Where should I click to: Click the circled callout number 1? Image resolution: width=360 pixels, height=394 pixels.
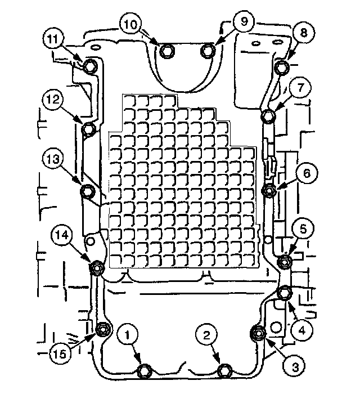pos(128,335)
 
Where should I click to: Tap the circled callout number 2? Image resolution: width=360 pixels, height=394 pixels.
pos(206,335)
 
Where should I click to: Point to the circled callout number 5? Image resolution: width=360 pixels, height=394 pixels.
pos(303,229)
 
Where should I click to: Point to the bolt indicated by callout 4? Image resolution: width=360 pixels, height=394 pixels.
pos(285,293)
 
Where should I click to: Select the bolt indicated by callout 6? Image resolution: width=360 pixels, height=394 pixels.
pos(269,191)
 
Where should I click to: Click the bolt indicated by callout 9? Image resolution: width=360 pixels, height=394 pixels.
pos(208,51)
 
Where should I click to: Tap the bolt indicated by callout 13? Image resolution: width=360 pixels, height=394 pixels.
pos(88,191)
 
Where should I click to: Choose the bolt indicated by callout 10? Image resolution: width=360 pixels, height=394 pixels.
pos(166,51)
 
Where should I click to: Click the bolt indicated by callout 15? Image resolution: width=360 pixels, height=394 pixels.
pos(102,330)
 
